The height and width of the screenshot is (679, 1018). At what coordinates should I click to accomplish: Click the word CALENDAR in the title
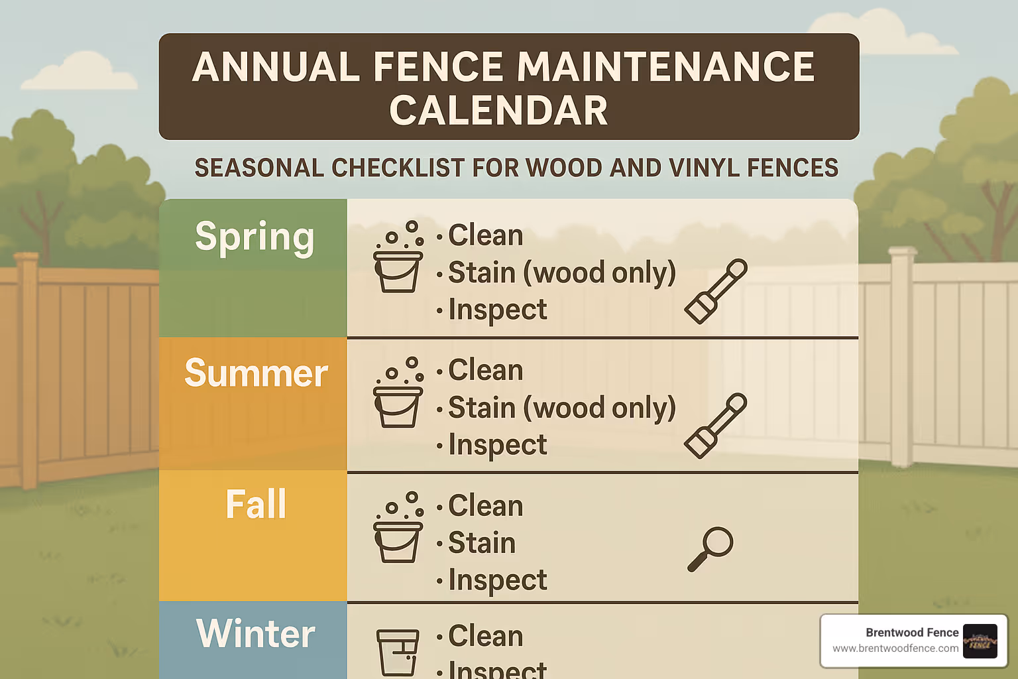(498, 111)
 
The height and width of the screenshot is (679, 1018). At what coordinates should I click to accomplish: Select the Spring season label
(254, 237)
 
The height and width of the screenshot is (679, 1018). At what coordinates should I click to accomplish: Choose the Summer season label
(256, 373)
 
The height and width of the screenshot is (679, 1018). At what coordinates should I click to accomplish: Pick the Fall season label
(256, 505)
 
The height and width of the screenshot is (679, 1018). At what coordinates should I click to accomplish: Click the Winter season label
(256, 634)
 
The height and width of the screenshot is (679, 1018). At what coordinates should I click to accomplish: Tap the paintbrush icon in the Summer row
(716, 425)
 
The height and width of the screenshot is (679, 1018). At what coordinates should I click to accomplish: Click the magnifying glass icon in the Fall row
(710, 548)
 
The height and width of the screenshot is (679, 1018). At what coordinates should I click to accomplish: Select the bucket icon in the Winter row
(398, 652)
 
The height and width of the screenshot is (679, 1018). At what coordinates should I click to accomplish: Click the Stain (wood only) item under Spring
(561, 273)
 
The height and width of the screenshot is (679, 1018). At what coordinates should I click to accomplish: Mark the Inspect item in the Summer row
(497, 445)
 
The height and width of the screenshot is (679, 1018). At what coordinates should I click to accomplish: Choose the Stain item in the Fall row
(482, 543)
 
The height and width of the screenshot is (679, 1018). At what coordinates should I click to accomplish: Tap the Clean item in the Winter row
(485, 636)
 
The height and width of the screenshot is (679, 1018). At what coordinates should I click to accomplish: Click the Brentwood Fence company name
(912, 633)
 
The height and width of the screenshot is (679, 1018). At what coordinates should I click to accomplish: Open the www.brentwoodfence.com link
(895, 648)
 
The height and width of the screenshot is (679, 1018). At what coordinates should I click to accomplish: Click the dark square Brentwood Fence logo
(980, 641)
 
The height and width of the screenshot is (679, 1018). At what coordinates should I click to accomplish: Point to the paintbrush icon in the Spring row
(716, 291)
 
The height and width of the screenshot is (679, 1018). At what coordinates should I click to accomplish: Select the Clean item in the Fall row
(485, 506)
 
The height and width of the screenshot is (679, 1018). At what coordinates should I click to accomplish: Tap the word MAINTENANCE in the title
(665, 67)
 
